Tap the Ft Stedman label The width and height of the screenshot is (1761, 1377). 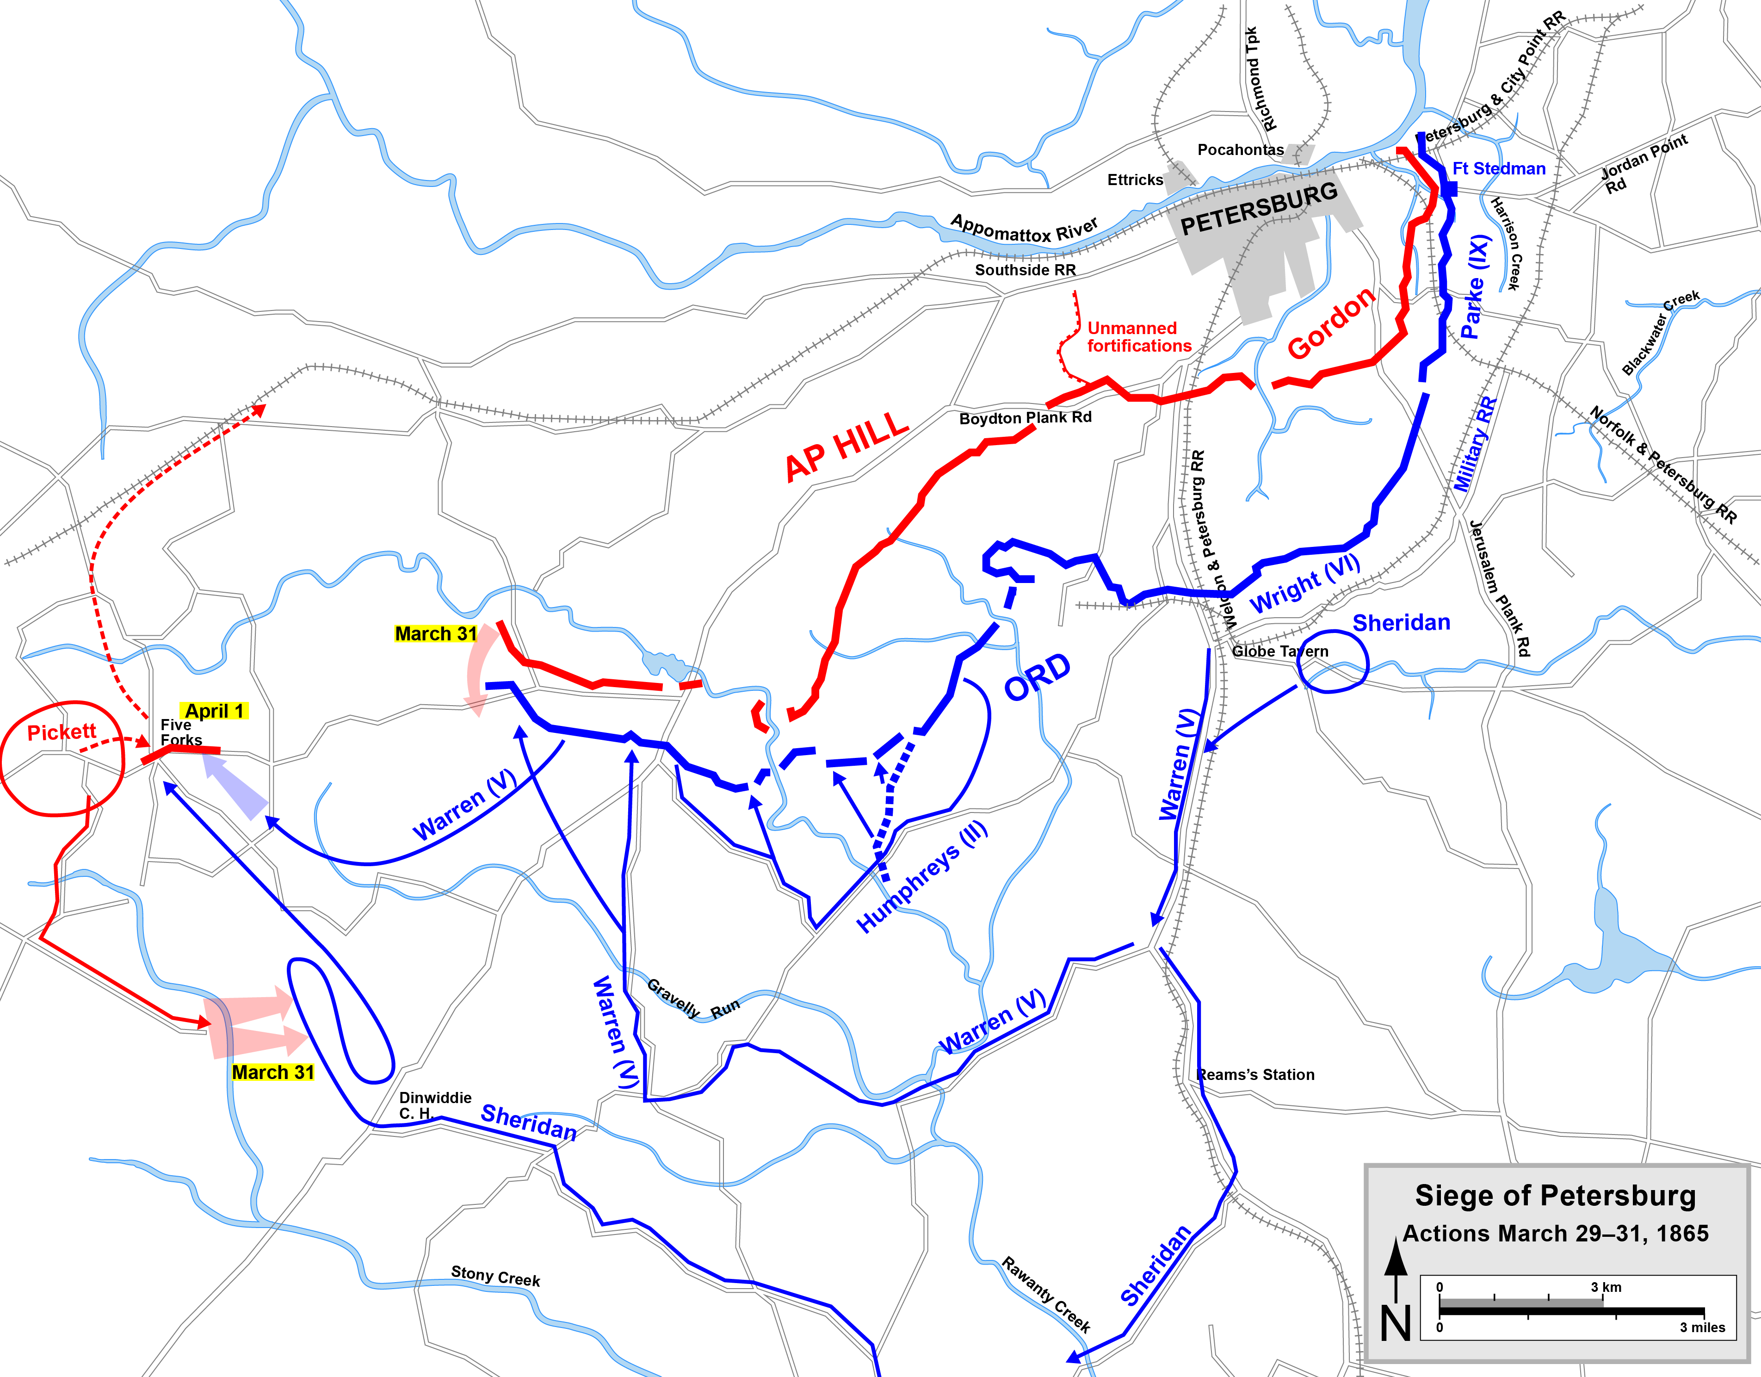[1498, 168]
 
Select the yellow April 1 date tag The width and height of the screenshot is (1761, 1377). [215, 711]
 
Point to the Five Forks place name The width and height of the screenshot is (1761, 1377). [180, 732]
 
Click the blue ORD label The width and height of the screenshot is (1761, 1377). [1037, 677]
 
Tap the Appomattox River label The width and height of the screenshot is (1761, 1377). [1024, 228]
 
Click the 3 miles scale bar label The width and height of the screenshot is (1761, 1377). [1702, 1327]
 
